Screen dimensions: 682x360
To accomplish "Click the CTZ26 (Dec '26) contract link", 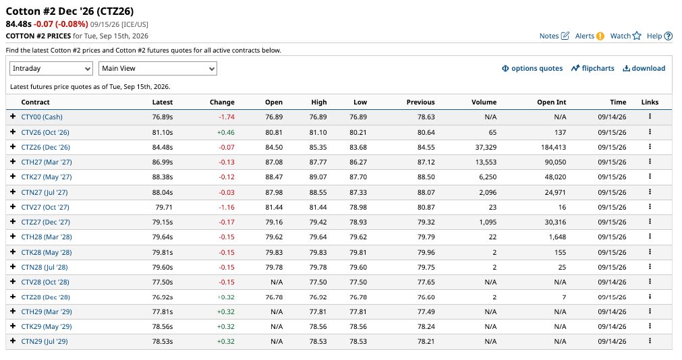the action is [x=45, y=148].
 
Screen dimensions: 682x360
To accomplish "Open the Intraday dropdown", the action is [x=51, y=69].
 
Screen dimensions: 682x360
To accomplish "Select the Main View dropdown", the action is [x=158, y=69].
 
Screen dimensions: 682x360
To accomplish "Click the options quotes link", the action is [x=532, y=68].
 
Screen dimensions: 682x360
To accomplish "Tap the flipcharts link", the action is [x=593, y=68].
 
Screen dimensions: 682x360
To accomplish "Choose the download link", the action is [x=644, y=68].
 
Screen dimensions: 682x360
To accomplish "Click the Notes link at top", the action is [x=554, y=36].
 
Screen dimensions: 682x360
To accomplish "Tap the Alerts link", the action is [x=590, y=36].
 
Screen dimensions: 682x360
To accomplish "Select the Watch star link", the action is [x=626, y=36].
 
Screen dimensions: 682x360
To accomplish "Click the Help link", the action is [x=659, y=36].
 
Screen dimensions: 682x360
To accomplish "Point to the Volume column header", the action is [x=484, y=102].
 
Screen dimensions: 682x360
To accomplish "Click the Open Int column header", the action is [x=552, y=102].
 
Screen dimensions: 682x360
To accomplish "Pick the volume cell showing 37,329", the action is [x=486, y=148].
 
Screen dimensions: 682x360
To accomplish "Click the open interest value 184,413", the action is [x=553, y=148].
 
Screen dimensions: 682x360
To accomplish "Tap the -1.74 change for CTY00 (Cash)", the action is [x=227, y=117].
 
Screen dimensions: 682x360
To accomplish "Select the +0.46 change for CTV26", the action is [x=226, y=132].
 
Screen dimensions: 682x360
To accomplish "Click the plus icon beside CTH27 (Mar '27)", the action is [x=13, y=162].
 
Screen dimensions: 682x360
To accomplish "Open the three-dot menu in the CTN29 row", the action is [x=650, y=341].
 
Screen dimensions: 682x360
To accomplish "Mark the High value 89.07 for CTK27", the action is [x=318, y=177].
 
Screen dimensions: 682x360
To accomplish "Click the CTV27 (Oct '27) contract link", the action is [x=45, y=208].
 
